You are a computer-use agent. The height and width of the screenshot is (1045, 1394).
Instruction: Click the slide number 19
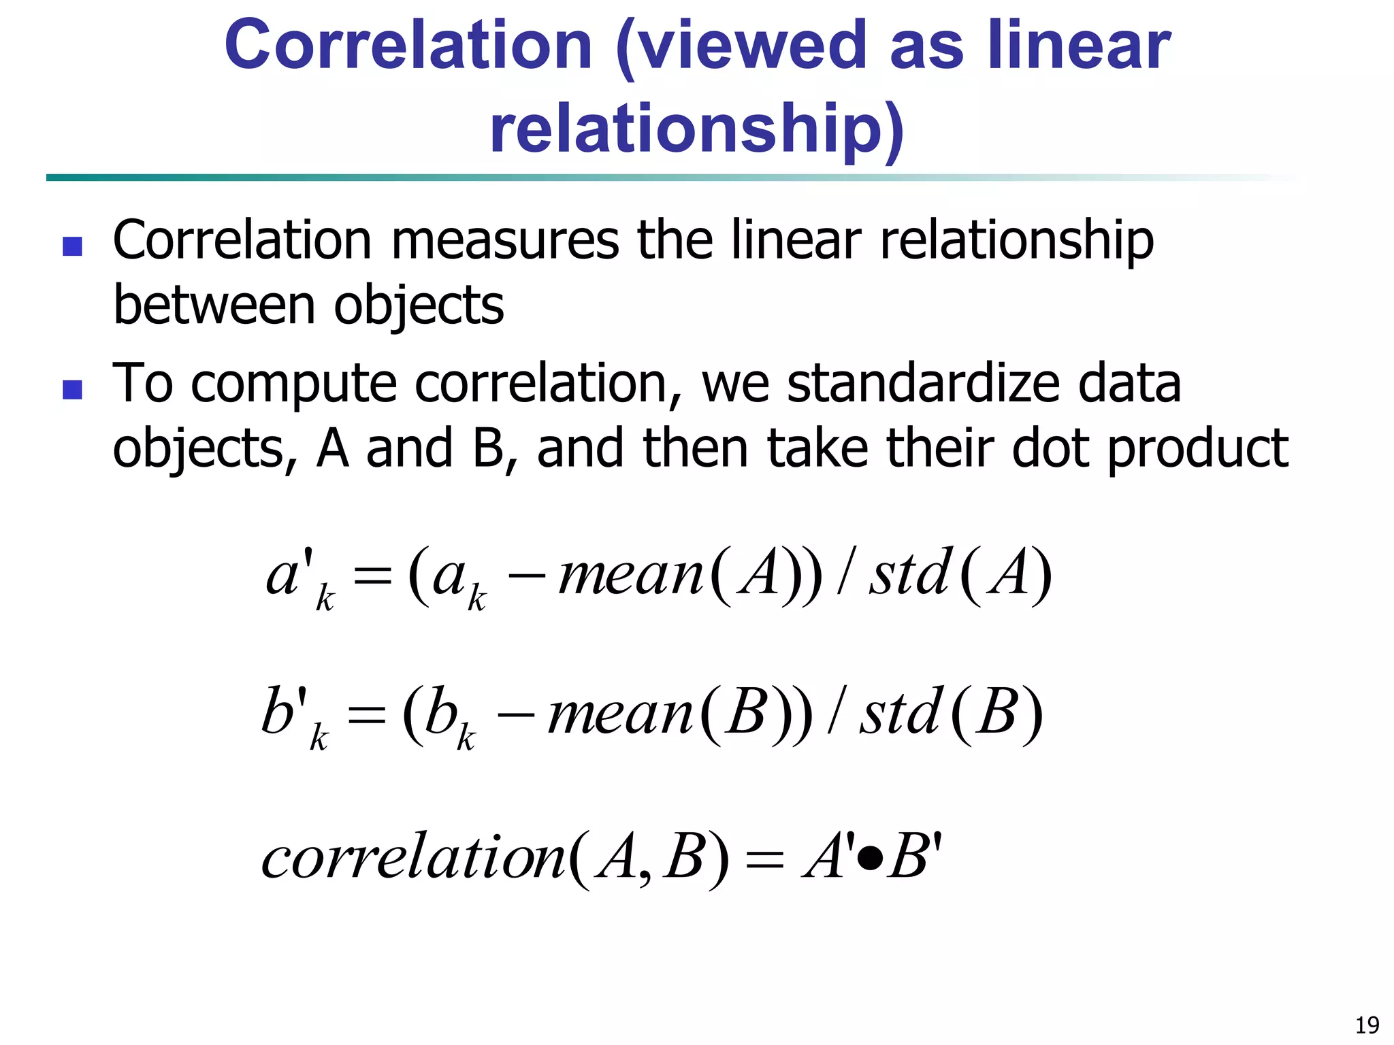[1367, 1025]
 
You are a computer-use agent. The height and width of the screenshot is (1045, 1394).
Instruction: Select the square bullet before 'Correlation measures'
[72, 246]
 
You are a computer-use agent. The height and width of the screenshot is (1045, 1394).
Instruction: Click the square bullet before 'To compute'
[72, 389]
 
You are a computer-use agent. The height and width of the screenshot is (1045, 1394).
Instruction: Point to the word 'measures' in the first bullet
[505, 241]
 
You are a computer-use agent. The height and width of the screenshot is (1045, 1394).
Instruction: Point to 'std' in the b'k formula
[902, 714]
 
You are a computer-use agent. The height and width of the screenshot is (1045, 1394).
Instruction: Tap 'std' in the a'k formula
[910, 576]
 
